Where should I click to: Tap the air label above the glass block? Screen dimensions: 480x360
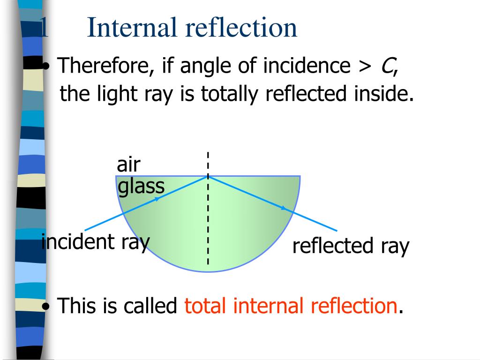point(128,165)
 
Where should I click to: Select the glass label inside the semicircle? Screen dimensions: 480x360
point(141,187)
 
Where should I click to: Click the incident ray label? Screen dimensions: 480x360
point(96,242)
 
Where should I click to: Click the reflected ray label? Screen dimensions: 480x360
point(351,246)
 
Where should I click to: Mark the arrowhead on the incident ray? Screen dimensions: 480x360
point(157,199)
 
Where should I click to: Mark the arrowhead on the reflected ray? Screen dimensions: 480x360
point(284,208)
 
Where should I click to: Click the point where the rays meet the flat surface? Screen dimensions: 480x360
point(208,176)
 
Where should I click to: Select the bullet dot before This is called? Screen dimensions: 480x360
point(46,306)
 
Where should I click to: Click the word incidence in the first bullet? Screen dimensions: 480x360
point(307,66)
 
